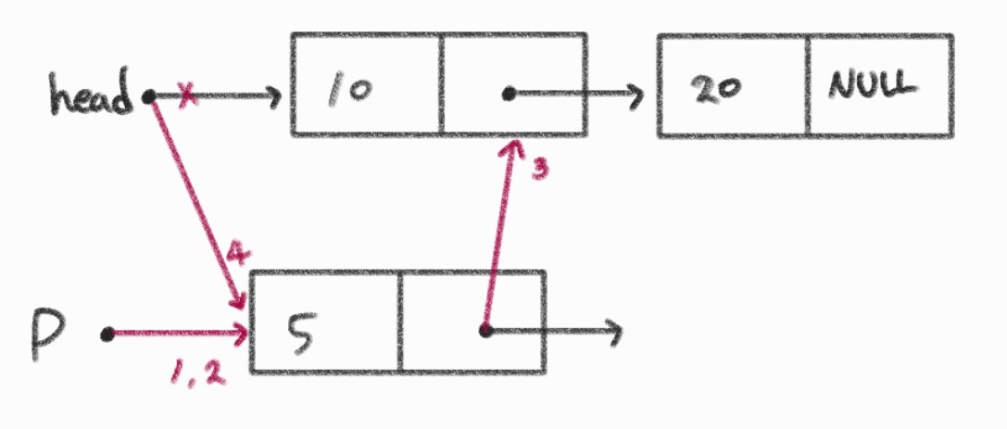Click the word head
(92, 96)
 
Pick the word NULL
(872, 86)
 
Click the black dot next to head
(148, 95)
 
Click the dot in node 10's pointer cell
(508, 94)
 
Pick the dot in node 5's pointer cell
(485, 330)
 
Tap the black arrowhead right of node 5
(612, 331)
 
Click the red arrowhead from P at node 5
(242, 332)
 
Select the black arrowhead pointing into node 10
(274, 95)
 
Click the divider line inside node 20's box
(808, 86)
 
